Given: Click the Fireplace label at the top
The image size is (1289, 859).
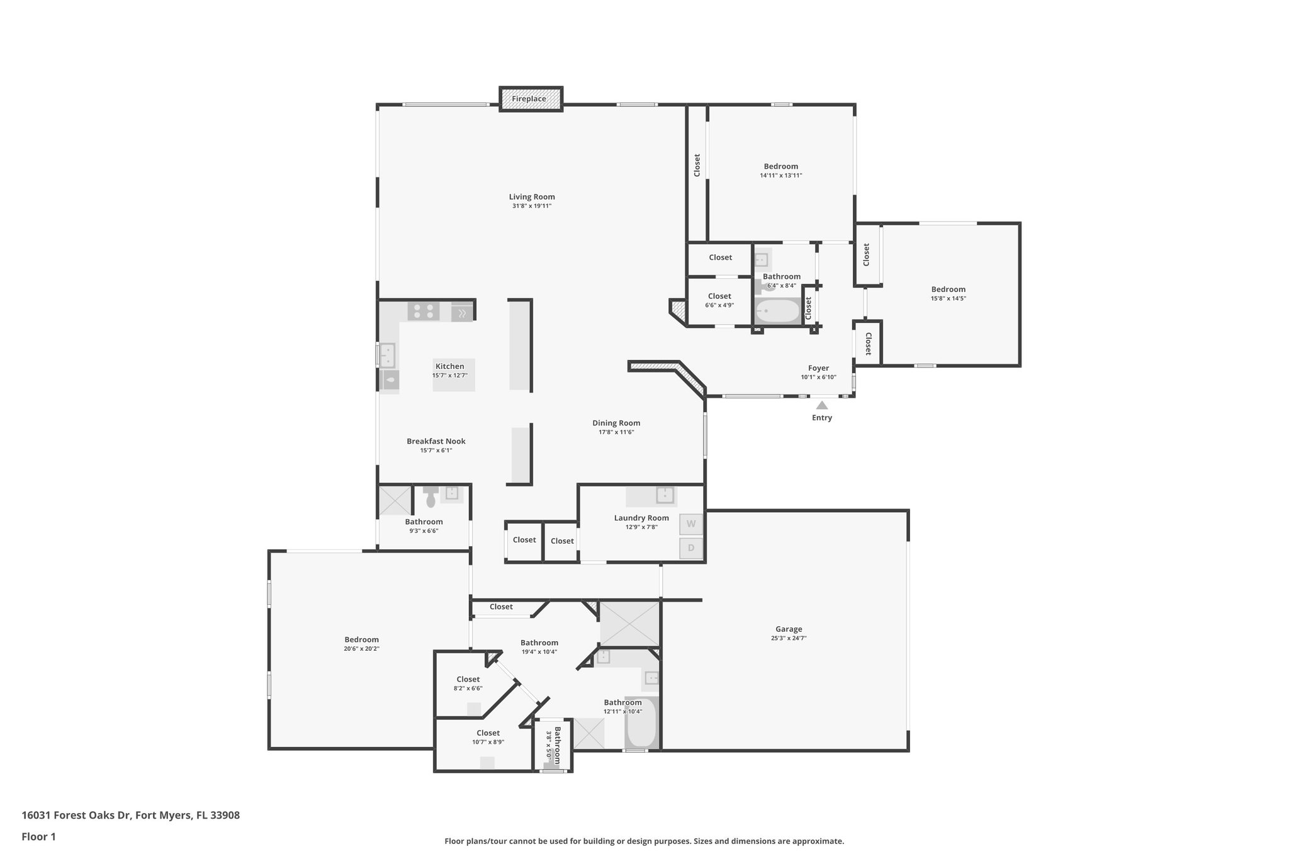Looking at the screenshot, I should coord(529,99).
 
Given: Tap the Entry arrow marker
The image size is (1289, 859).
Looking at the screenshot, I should coord(822,405).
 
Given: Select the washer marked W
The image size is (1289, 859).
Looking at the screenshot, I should coord(691,524).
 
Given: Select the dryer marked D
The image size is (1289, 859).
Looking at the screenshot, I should coord(691,548).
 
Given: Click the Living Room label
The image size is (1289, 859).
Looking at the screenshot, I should coord(532,197).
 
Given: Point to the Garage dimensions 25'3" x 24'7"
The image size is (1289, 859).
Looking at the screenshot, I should coord(789,638).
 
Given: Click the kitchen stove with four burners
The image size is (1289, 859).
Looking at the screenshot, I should coord(424,311).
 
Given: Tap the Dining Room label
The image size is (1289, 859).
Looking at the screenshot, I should coord(616,423).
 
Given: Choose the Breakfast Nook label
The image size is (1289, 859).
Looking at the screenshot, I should coord(436,441).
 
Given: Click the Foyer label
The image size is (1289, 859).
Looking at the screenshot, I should coord(818,368).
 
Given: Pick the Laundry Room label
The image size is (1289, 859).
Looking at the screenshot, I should coord(641,518).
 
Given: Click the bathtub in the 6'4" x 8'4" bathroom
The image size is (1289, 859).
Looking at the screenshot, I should coord(777,311).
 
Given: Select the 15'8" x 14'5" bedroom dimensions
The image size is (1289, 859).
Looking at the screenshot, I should coord(948,299).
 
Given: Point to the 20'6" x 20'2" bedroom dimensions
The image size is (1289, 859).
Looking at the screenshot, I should coord(361,649).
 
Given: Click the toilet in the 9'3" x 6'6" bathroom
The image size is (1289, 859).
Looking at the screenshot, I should coord(431,498).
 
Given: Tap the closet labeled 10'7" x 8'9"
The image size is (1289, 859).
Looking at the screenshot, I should coord(488,737).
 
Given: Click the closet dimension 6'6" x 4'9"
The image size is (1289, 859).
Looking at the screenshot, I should coord(719,305).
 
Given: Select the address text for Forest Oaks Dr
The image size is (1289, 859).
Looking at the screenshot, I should coord(130,815).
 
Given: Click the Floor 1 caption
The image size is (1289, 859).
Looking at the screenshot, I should coord(39,836).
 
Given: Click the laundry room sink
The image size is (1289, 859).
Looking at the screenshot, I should coord(665,495).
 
